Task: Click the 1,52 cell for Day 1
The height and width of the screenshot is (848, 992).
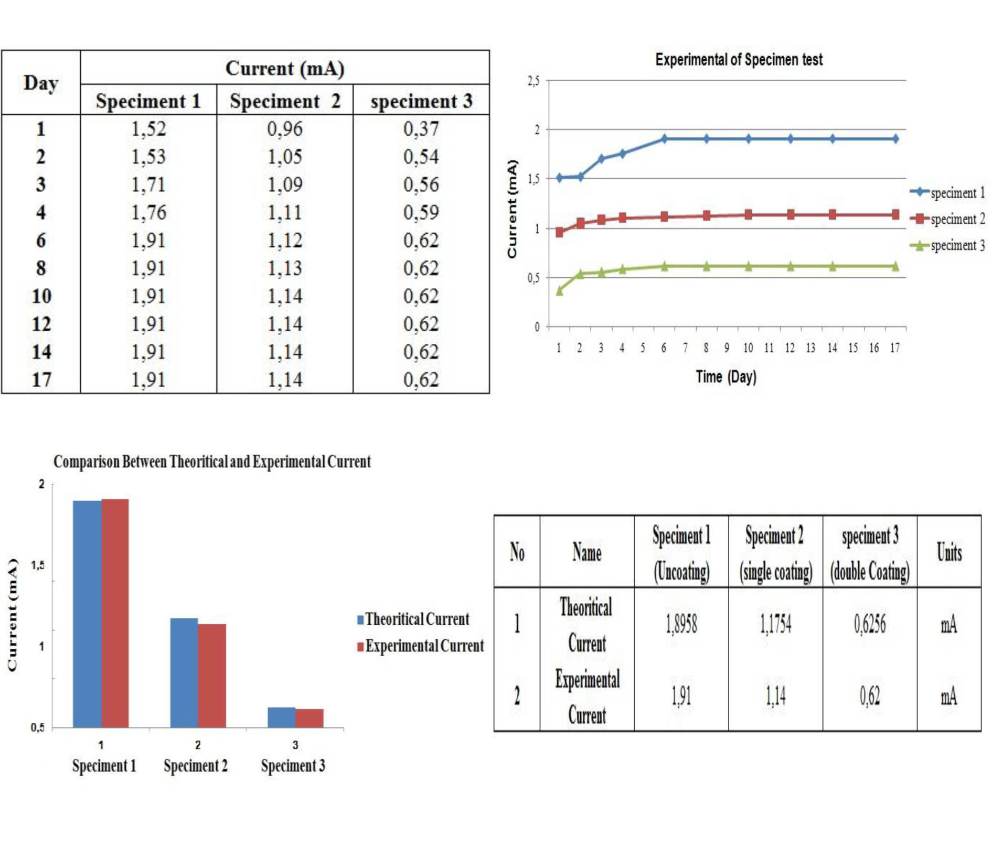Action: (148, 129)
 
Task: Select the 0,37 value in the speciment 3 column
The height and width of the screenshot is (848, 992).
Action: (421, 129)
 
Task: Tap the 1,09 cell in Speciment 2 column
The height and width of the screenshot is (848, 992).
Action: (285, 184)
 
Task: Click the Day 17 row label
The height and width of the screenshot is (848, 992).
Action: (41, 379)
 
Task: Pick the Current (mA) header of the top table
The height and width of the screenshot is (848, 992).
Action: (285, 68)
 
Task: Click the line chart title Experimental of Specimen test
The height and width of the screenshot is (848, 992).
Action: (739, 60)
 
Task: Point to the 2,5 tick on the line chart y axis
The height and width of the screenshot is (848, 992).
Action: (533, 81)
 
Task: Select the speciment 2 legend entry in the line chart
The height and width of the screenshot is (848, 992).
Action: (948, 219)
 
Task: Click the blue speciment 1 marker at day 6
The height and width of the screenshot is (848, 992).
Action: (664, 139)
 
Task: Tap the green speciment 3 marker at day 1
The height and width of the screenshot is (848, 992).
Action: (560, 291)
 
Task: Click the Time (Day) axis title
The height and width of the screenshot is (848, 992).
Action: (726, 377)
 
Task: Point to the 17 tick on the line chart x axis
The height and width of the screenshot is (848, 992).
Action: (895, 348)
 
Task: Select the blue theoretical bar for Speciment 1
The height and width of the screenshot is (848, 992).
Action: (87, 613)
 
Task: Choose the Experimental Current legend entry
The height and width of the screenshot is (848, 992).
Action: (420, 646)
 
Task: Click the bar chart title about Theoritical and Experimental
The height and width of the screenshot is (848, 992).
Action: (212, 462)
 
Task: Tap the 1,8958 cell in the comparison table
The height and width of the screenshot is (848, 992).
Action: (681, 624)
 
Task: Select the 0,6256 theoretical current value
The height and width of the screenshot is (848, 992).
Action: (869, 624)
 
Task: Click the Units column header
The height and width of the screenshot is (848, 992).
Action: (949, 552)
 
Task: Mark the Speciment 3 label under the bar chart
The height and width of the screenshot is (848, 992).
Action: (293, 766)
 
